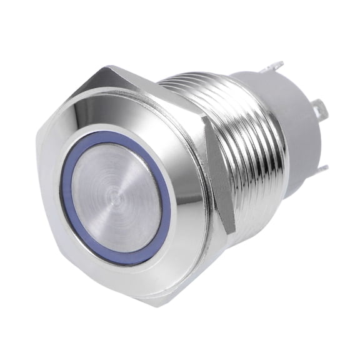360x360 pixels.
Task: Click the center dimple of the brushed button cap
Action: click(114, 199)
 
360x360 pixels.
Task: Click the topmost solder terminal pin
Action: click(275, 66)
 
